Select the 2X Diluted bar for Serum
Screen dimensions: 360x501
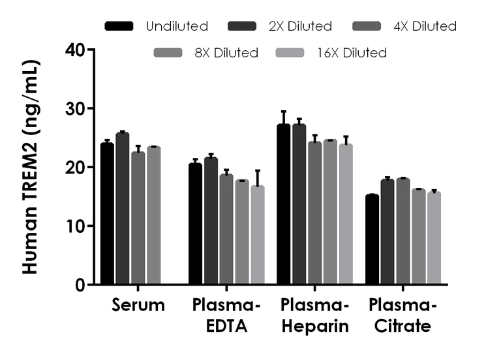[x=123, y=209]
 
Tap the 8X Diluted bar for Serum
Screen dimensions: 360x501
[x=154, y=216]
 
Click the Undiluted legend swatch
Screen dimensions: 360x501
[x=119, y=27]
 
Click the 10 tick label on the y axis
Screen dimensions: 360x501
[x=77, y=226]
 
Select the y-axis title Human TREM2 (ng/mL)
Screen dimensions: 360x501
[x=30, y=167]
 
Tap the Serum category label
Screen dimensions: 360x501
[x=138, y=305]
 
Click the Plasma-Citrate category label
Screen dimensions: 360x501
[x=402, y=316]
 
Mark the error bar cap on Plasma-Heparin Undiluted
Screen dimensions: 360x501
[x=283, y=112]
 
